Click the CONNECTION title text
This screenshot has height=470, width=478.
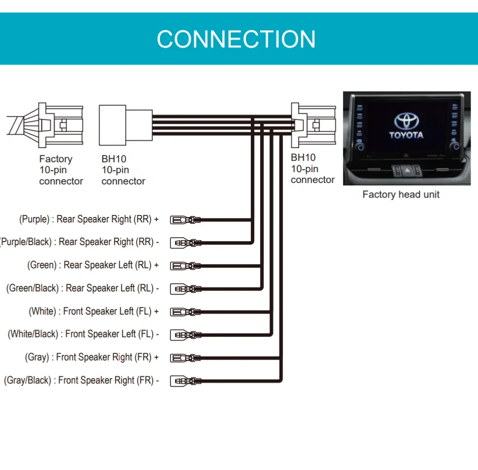(236, 39)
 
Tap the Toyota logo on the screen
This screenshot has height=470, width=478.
(406, 121)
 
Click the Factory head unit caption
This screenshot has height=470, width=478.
(400, 194)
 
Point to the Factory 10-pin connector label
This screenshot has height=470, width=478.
(61, 170)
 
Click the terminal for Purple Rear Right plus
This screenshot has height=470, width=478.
(185, 219)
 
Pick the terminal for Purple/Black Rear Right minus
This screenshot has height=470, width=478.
(185, 243)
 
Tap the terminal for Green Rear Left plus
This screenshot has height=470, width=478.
(185, 266)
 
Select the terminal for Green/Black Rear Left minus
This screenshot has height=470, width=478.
(185, 289)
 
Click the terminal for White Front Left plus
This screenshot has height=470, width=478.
(185, 312)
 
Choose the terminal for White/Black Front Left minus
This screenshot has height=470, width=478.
(185, 335)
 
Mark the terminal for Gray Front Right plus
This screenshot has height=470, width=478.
(185, 358)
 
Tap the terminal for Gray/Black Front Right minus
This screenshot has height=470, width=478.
(185, 381)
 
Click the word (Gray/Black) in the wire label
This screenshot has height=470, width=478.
(28, 380)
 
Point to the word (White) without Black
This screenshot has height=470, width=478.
(43, 311)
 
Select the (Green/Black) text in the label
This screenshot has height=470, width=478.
(33, 288)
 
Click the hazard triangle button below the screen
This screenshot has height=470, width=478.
(406, 170)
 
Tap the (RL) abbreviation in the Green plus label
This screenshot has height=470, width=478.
(143, 265)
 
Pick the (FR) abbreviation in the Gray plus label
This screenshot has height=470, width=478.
(144, 357)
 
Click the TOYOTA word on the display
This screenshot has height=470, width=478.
(406, 135)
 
